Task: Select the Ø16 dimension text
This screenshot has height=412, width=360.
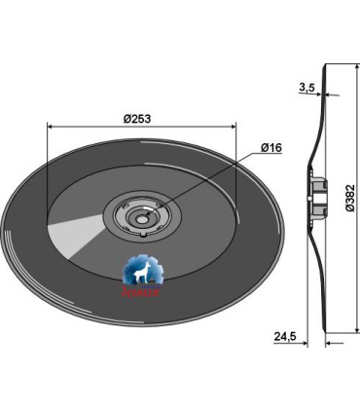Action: coord(270,148)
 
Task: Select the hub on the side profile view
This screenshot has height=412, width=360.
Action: coord(318,201)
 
